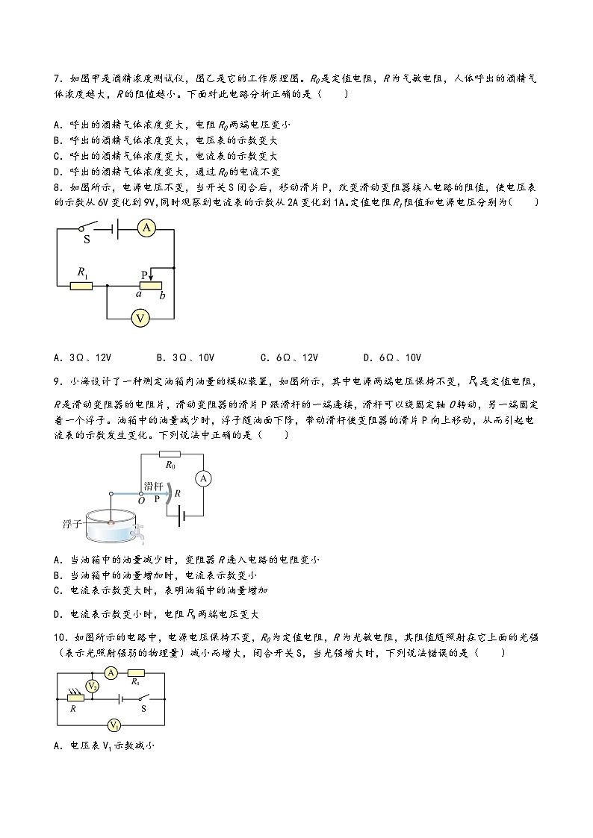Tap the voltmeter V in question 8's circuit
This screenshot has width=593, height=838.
pyautogui.click(x=138, y=319)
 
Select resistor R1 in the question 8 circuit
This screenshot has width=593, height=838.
pyautogui.click(x=81, y=285)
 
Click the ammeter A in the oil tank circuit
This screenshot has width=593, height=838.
pyautogui.click(x=201, y=478)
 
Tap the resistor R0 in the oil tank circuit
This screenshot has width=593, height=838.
pyautogui.click(x=170, y=454)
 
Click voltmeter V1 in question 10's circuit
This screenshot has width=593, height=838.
pyautogui.click(x=114, y=725)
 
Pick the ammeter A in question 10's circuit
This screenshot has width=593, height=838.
pyautogui.click(x=111, y=673)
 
